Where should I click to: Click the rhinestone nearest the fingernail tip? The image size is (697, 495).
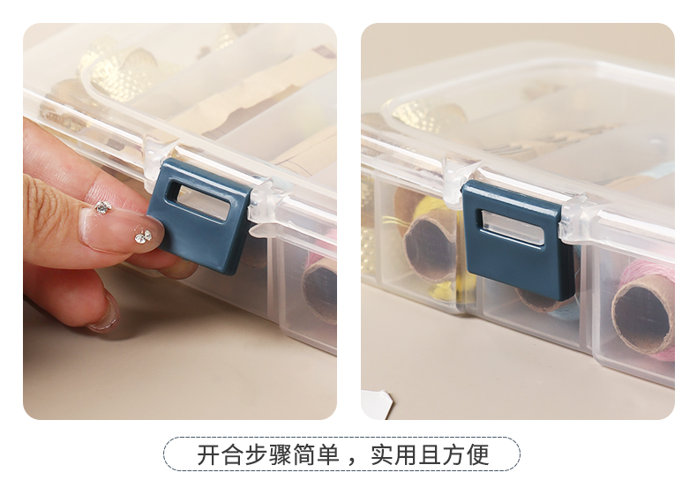(143, 236)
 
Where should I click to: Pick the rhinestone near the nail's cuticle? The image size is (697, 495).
(103, 206)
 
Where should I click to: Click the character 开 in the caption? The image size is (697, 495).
(209, 455)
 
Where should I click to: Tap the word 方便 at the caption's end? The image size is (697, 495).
(466, 455)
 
